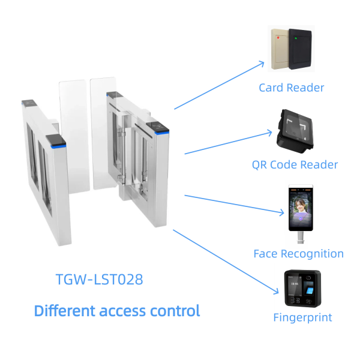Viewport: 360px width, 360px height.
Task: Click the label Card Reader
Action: pyautogui.click(x=291, y=88)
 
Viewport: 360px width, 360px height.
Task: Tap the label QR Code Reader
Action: pyautogui.click(x=295, y=164)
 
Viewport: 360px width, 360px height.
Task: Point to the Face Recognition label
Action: pyautogui.click(x=299, y=254)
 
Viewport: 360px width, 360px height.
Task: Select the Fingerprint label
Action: pyautogui.click(x=302, y=317)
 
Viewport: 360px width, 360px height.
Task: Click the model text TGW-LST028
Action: pyautogui.click(x=100, y=280)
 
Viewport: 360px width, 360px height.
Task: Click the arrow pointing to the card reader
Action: pyautogui.click(x=219, y=85)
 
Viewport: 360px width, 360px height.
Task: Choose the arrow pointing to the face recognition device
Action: pyautogui.click(x=234, y=203)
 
